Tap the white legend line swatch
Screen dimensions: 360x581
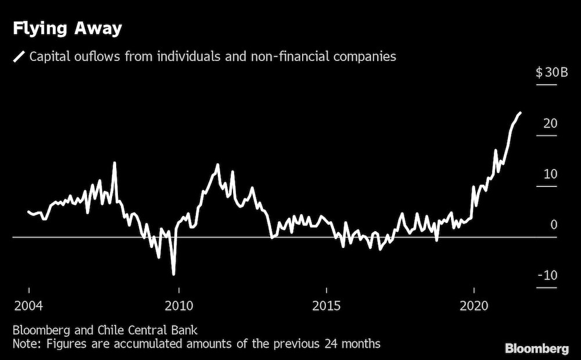19,56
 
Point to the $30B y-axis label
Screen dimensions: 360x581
546,73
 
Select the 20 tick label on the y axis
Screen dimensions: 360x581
551,123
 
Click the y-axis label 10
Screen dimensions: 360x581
551,174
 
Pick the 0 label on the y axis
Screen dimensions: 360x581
554,225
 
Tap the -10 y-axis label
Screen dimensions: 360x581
547,275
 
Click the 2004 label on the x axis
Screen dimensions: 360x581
28,305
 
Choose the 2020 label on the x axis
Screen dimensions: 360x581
474,305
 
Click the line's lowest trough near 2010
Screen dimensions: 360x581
173,273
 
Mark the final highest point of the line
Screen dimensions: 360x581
519,113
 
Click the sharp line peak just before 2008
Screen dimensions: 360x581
114,163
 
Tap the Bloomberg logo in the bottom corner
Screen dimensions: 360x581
536,348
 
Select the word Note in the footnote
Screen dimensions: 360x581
25,344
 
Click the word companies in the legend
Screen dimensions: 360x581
364,56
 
